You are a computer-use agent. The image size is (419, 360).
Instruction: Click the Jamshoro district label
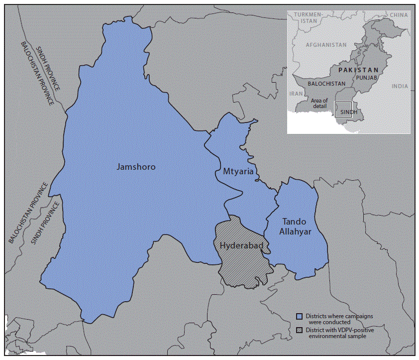point(136,167)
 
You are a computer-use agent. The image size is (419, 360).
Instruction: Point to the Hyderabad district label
point(241,245)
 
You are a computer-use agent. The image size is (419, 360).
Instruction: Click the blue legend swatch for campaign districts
point(300,316)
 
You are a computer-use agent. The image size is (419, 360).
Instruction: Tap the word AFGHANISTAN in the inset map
point(326,45)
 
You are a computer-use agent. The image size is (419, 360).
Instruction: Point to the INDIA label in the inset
point(399,86)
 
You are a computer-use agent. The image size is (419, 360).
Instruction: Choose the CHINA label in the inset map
point(398,15)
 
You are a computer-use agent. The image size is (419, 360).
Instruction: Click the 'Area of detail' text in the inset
point(319,104)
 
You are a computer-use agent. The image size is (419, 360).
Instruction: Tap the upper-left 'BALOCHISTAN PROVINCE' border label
point(37,75)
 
